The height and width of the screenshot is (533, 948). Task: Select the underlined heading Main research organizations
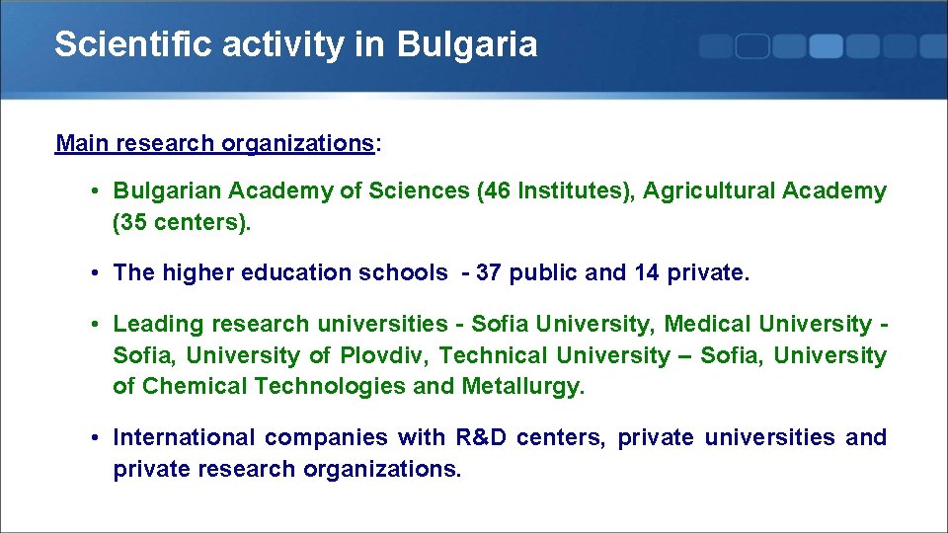pos(214,143)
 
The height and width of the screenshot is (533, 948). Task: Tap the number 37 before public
pos(488,272)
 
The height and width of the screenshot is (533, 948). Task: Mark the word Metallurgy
pos(522,386)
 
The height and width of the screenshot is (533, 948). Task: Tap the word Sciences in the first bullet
pos(419,190)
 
